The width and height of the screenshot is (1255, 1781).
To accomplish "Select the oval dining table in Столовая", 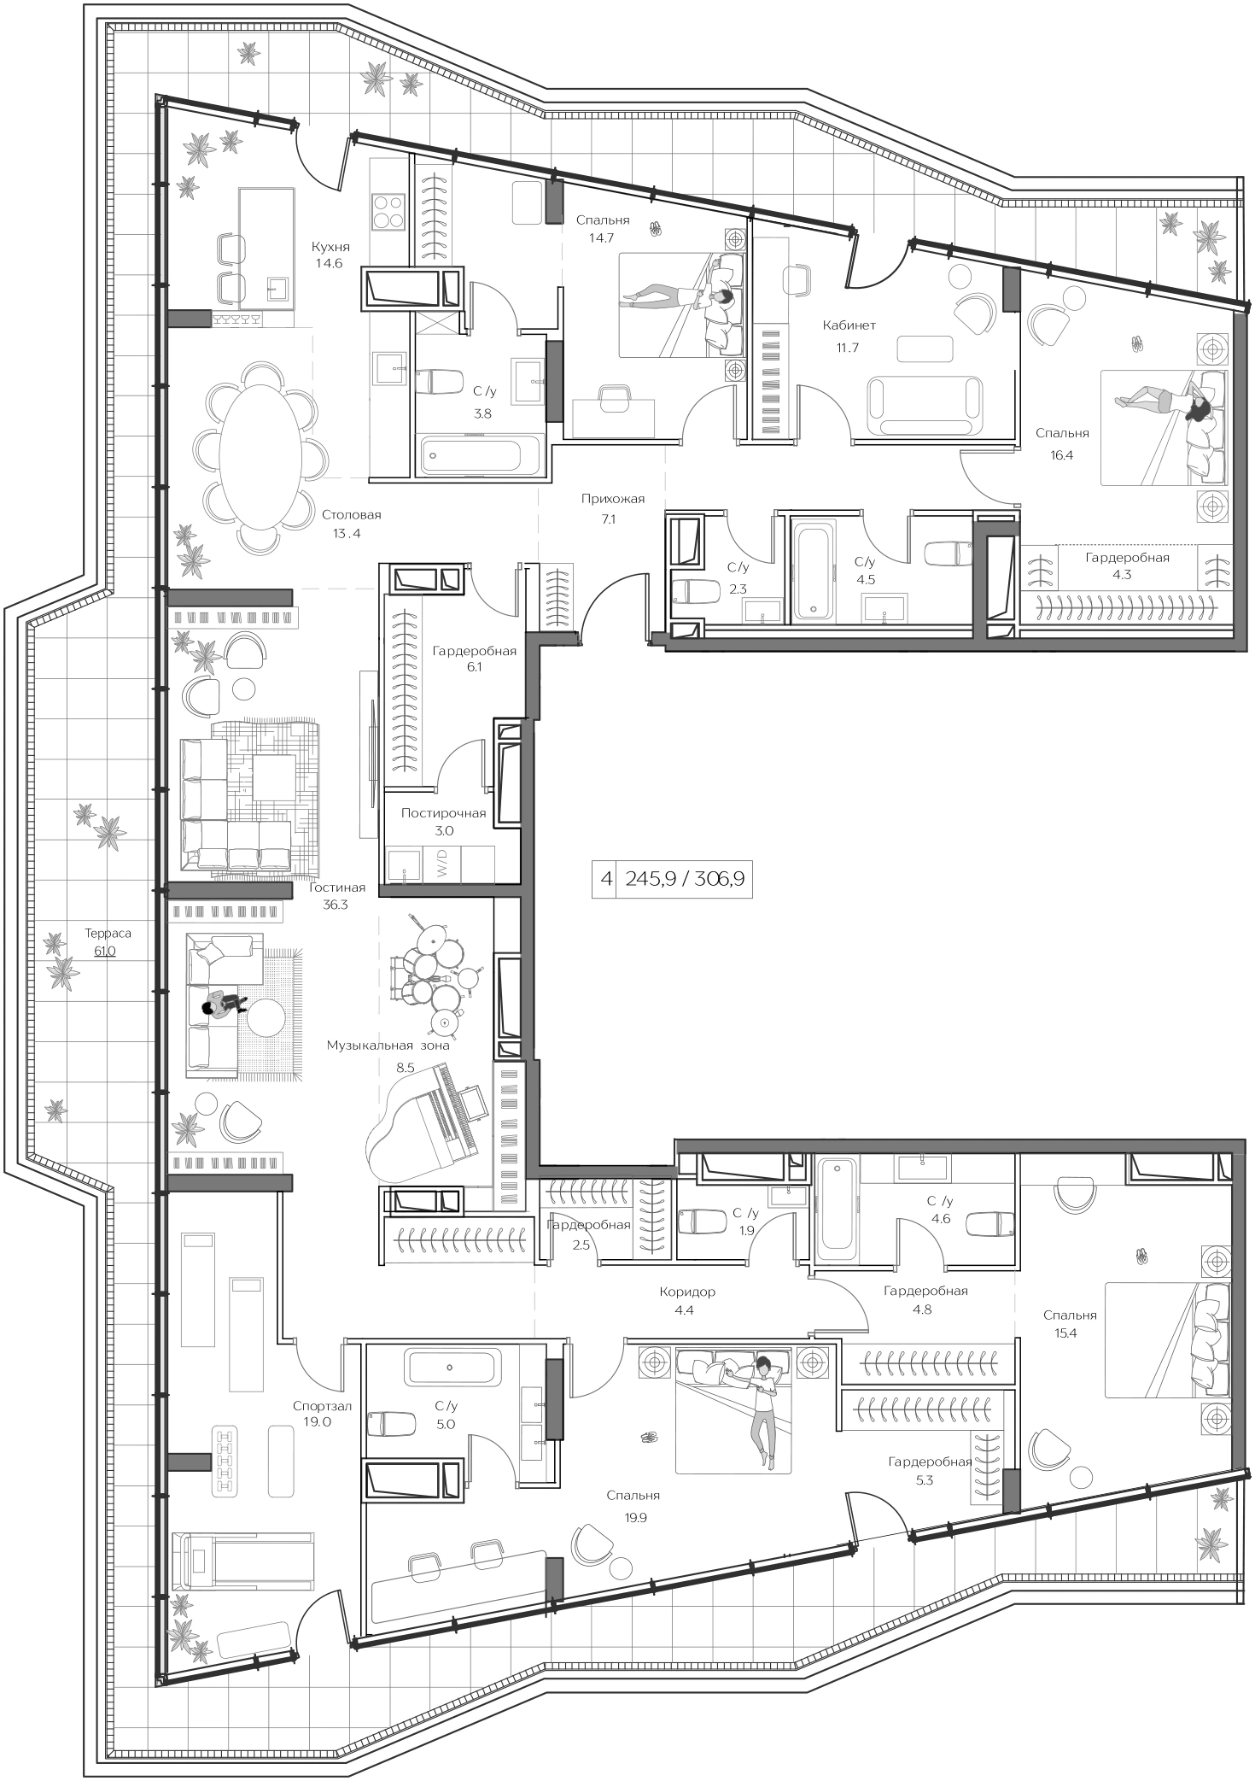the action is point(260,457).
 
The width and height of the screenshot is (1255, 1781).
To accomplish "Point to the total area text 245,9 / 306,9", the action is point(685,878).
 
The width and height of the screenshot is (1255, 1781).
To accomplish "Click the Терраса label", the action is point(108,934).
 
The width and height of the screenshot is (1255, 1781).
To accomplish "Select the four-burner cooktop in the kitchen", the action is point(388,210).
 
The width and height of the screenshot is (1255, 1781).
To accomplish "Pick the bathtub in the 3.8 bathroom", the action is point(482,454).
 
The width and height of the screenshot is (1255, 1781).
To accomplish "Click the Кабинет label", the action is point(849,325).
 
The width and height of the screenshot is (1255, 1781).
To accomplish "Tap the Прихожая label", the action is point(612,499).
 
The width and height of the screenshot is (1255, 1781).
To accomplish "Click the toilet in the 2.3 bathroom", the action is point(688,591).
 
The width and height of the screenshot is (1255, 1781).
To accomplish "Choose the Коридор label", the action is point(687,1292).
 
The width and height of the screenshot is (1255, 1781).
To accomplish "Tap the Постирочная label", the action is point(444,812).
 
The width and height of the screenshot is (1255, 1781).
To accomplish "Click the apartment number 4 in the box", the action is point(606,879).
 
